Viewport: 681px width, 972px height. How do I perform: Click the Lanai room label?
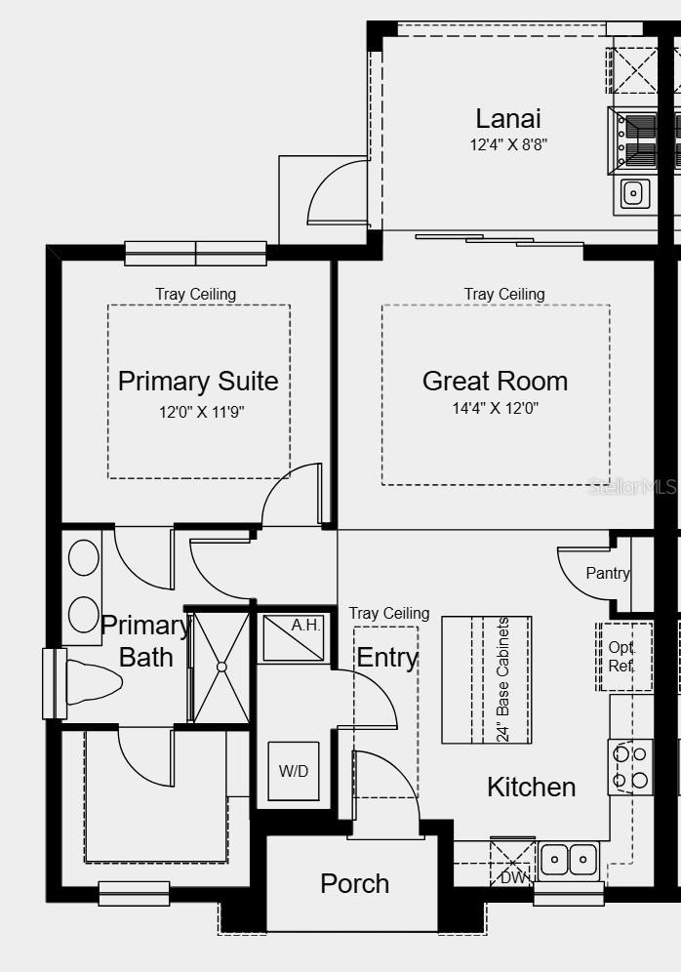(507, 119)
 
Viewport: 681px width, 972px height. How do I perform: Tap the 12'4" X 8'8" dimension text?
(507, 144)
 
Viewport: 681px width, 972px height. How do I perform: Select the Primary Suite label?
(198, 381)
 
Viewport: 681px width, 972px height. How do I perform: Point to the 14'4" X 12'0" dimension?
(495, 408)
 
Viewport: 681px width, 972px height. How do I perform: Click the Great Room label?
(495, 381)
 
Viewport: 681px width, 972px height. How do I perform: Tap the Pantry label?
(607, 573)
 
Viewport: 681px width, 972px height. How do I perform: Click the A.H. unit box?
(294, 637)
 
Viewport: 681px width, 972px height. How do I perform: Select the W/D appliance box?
(293, 771)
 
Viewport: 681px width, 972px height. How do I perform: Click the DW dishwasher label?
(512, 876)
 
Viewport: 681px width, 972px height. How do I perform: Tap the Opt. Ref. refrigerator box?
(622, 657)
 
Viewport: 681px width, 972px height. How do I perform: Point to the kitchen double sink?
(569, 859)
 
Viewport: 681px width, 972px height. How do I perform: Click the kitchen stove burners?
(629, 766)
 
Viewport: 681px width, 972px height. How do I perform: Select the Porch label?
(354, 884)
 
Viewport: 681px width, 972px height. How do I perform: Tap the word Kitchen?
(531, 787)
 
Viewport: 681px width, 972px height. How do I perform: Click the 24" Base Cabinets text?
(503, 679)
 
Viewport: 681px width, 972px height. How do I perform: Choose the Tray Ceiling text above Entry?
(388, 613)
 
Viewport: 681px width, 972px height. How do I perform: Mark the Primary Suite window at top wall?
(195, 253)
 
